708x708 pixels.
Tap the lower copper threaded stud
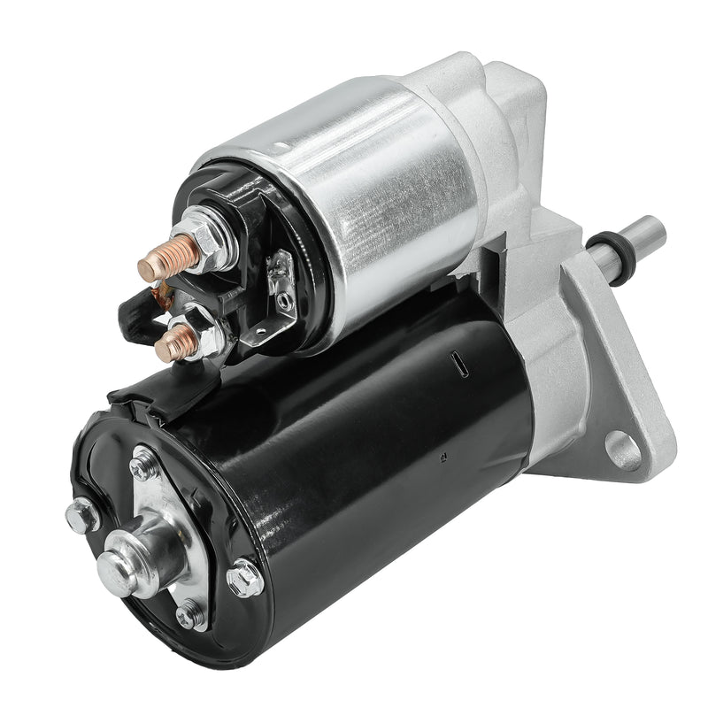[170, 345]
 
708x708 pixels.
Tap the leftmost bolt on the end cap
[82, 513]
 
